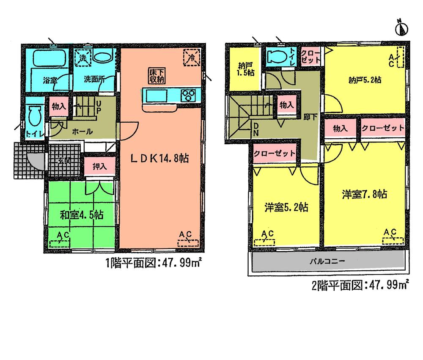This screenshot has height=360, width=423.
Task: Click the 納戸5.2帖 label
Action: click(365, 80)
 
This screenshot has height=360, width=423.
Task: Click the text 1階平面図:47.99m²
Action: click(153, 263)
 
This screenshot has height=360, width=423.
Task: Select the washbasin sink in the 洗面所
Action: click(102, 57)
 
